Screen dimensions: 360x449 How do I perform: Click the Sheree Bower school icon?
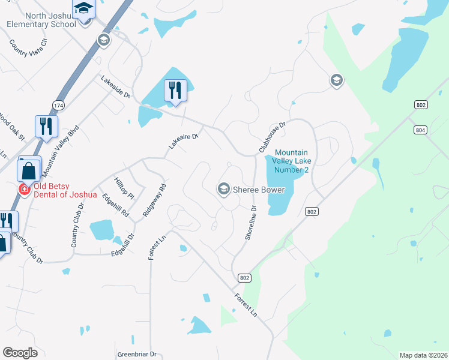224,190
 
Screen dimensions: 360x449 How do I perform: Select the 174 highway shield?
58,105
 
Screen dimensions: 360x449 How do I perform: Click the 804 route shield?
420,130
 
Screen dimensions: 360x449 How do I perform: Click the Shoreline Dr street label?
250,223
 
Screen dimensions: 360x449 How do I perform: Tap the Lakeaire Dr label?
183,142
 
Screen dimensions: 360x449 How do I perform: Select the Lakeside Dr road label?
115,86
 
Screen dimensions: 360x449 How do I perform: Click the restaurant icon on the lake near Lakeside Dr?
175,90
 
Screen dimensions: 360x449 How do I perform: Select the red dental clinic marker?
24,190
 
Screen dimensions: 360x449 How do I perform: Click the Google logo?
20,353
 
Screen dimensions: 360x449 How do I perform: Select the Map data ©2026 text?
423,355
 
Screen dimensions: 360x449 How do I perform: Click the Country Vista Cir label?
28,48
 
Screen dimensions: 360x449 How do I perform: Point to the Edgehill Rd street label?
116,205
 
